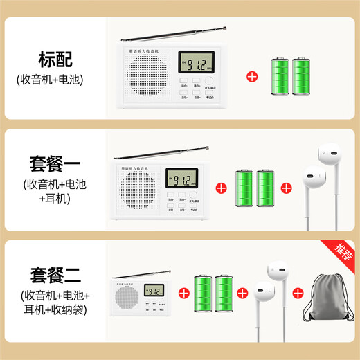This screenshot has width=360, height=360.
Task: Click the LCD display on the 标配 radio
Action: [x=194, y=67]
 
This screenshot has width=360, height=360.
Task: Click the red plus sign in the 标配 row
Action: [x=255, y=75]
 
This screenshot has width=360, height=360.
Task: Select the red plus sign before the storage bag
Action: [x=298, y=294]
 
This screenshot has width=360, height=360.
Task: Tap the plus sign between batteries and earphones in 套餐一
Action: [x=287, y=188]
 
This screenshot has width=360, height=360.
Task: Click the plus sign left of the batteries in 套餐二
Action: [x=183, y=294]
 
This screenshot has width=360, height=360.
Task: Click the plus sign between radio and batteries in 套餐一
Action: [x=222, y=188]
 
